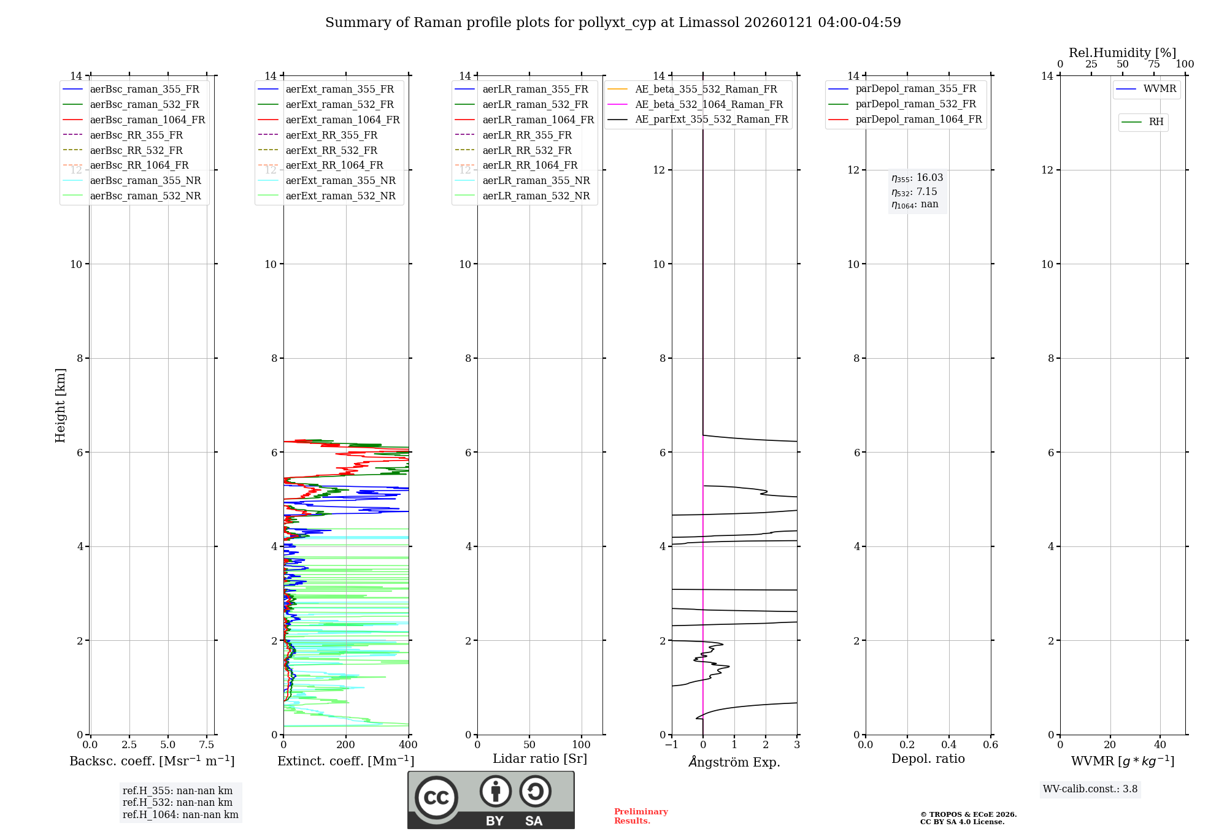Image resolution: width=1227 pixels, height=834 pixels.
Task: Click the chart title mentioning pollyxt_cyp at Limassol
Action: tap(613, 23)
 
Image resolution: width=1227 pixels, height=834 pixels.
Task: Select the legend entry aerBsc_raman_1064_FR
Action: tap(147, 120)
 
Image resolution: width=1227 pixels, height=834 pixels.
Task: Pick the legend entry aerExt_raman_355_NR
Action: tap(340, 180)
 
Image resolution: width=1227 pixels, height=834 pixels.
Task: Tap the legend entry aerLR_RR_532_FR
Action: tap(526, 150)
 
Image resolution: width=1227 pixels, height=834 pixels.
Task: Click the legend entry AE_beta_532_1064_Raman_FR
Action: tap(709, 104)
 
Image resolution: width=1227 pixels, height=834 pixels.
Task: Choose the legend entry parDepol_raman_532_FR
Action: tap(915, 104)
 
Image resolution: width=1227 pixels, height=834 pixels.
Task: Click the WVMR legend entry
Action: tap(1160, 89)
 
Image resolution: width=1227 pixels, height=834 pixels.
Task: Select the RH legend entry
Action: tap(1156, 122)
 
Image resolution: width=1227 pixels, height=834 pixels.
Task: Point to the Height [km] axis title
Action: tap(60, 405)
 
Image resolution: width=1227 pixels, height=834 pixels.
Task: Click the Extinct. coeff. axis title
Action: tap(346, 761)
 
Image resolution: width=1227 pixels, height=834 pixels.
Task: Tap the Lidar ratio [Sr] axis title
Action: tap(540, 759)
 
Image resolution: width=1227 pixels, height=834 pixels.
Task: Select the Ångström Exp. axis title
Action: tap(734, 762)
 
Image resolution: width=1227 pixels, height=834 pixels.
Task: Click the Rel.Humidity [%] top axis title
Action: tap(1122, 53)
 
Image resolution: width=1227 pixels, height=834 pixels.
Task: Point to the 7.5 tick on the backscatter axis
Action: tap(207, 744)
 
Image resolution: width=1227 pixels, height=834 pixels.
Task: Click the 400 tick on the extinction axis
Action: tap(408, 744)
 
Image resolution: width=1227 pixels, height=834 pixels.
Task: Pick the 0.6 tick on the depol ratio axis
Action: tap(990, 744)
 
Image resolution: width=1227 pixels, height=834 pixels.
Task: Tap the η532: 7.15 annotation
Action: tap(914, 192)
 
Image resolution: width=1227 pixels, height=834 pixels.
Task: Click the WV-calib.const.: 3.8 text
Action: tap(1090, 789)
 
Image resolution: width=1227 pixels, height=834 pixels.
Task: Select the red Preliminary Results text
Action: tap(640, 816)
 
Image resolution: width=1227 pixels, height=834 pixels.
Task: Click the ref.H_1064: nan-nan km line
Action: tap(180, 814)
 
